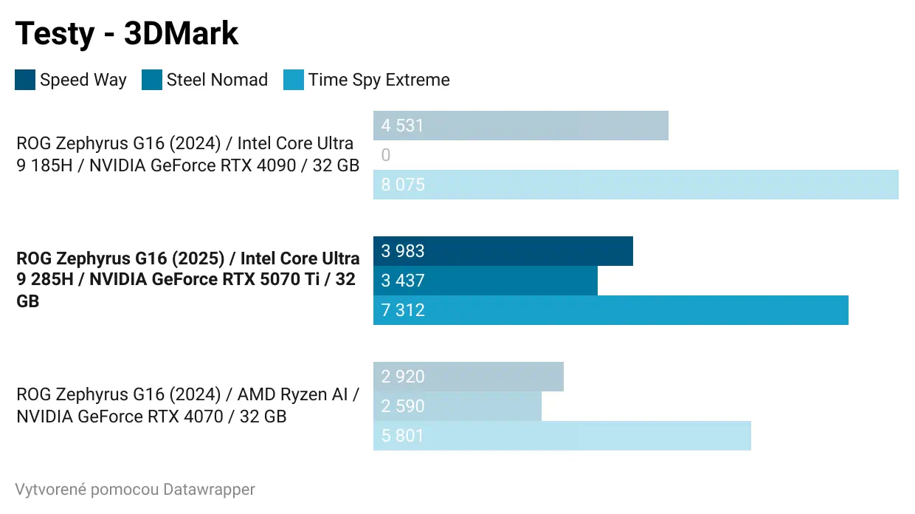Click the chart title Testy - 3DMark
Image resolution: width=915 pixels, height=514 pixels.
click(127, 34)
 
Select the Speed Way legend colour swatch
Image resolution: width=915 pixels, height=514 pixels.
click(25, 80)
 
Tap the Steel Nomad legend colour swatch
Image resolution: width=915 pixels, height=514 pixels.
click(152, 80)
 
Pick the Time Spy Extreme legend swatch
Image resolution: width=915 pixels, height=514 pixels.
click(294, 80)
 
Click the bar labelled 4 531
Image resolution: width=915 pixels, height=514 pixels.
click(520, 126)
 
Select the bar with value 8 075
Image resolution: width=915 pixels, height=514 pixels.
click(635, 185)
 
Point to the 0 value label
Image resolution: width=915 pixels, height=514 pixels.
click(386, 155)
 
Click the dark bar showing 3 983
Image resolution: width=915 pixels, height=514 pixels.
click(503, 251)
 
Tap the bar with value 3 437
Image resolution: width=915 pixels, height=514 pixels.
click(485, 281)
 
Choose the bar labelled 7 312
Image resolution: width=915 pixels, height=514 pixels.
click(610, 310)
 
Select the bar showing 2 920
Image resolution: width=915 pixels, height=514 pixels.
click(468, 377)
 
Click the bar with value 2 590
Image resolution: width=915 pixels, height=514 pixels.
click(457, 406)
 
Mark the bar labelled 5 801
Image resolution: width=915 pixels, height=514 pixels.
click(562, 436)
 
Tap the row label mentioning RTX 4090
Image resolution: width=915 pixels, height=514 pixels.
click(187, 154)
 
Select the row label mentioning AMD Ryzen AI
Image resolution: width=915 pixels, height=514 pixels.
click(187, 405)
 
